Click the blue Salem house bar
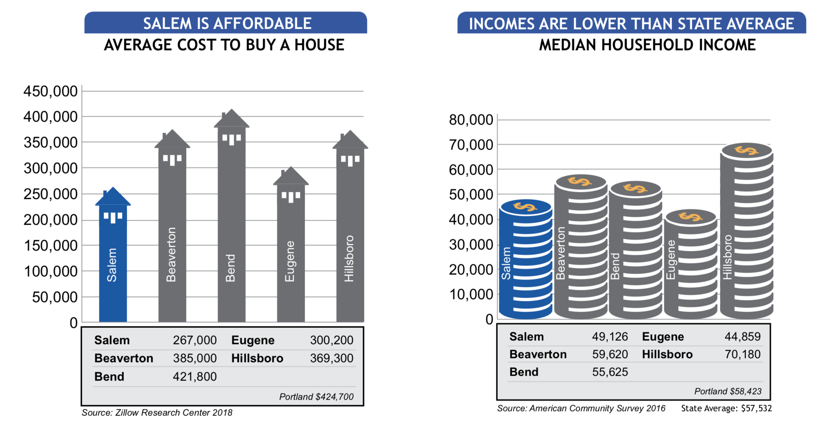coord(113,258)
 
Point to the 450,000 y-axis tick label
coord(50,91)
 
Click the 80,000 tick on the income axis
coord(471,120)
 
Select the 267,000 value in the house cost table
coord(195,340)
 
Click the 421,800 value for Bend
coord(195,376)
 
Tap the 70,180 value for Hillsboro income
coord(742,354)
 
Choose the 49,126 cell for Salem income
coord(610,337)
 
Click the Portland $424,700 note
coord(316,397)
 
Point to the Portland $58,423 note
coord(728,391)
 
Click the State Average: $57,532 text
coord(726,408)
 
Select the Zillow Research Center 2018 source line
coord(157,413)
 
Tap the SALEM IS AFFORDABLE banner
coord(225,23)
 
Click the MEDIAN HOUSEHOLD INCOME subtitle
coord(647,45)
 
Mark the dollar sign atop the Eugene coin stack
coord(691,217)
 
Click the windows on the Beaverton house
coord(172,159)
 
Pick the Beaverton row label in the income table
coord(538,354)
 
